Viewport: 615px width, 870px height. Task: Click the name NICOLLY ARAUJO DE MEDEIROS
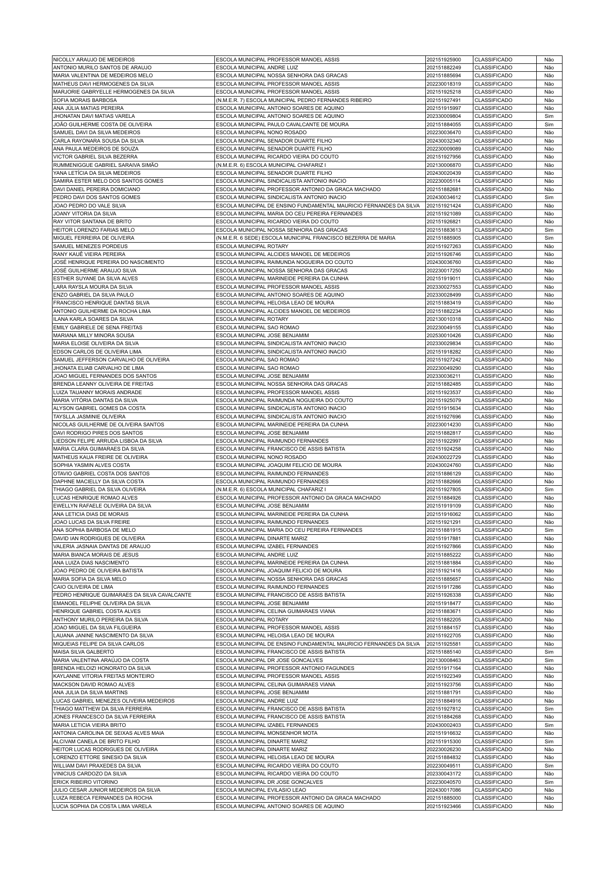click(x=94, y=59)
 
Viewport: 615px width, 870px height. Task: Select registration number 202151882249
click(x=443, y=67)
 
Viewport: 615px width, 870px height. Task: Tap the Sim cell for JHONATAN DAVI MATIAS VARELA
click(x=549, y=116)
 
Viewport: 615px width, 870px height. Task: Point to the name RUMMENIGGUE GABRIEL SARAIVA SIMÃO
click(x=105, y=165)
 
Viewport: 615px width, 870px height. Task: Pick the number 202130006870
click(x=443, y=165)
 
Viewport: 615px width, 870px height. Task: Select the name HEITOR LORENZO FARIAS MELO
click(x=94, y=230)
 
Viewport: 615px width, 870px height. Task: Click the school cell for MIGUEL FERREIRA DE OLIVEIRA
click(x=306, y=238)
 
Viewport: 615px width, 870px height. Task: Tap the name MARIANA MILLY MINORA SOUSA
click(x=94, y=335)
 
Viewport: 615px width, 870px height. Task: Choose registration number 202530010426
click(x=443, y=335)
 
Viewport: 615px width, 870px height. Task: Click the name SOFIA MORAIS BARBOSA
click(x=85, y=100)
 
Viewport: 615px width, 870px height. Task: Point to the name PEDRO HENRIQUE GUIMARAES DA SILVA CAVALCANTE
click(x=122, y=595)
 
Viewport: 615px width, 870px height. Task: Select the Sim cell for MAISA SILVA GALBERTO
click(x=549, y=652)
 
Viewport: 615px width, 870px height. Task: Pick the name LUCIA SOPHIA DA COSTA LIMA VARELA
click(x=102, y=806)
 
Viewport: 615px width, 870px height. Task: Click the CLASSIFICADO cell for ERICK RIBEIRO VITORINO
click(x=493, y=782)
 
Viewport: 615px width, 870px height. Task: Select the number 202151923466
click(x=443, y=806)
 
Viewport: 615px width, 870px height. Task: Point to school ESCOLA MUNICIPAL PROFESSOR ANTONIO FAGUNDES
click(x=285, y=668)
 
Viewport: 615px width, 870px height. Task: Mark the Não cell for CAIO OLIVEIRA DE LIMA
click(x=549, y=587)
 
